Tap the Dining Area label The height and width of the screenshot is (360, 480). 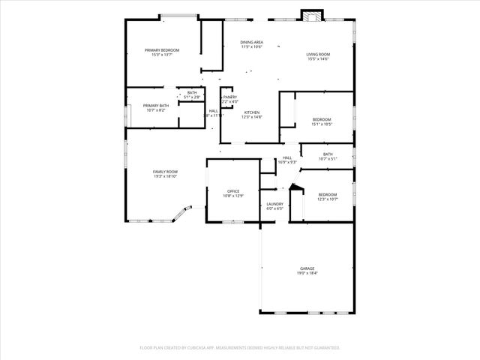[251, 42]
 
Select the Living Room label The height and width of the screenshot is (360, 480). [318, 54]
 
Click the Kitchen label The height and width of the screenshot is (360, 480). [250, 112]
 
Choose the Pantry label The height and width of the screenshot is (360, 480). [229, 97]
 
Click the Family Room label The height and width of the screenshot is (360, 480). [166, 172]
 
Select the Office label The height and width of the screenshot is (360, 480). [233, 191]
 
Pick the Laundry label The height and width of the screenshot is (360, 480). [274, 204]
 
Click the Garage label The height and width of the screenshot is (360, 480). [307, 268]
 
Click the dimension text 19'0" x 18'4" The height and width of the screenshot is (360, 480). [307, 273]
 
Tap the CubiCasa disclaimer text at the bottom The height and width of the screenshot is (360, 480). [240, 347]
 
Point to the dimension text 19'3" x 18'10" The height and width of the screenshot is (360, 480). [166, 176]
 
